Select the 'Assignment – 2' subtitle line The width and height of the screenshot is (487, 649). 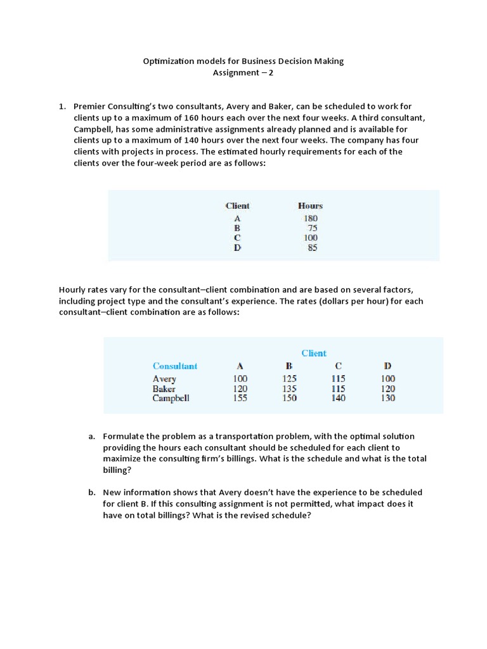pos(243,72)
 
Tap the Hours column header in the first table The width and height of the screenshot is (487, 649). pos(310,206)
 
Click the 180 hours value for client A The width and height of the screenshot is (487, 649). pos(310,219)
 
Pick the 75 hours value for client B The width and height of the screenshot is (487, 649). pos(312,228)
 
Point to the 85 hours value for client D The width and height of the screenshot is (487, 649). pos(312,248)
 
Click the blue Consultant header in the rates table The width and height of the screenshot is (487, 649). pos(175,366)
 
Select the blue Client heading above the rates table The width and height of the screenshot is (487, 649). pos(314,354)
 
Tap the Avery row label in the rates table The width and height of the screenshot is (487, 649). pos(164,379)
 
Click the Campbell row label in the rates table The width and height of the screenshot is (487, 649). pos(171,399)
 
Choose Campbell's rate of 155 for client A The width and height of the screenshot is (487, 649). pos(240,399)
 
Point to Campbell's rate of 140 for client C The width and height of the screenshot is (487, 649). pos(338,399)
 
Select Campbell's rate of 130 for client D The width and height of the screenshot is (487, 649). pos(387,399)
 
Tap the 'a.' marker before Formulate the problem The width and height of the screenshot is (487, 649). pos(92,436)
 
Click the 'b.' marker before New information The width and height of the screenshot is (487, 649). pos(92,492)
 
